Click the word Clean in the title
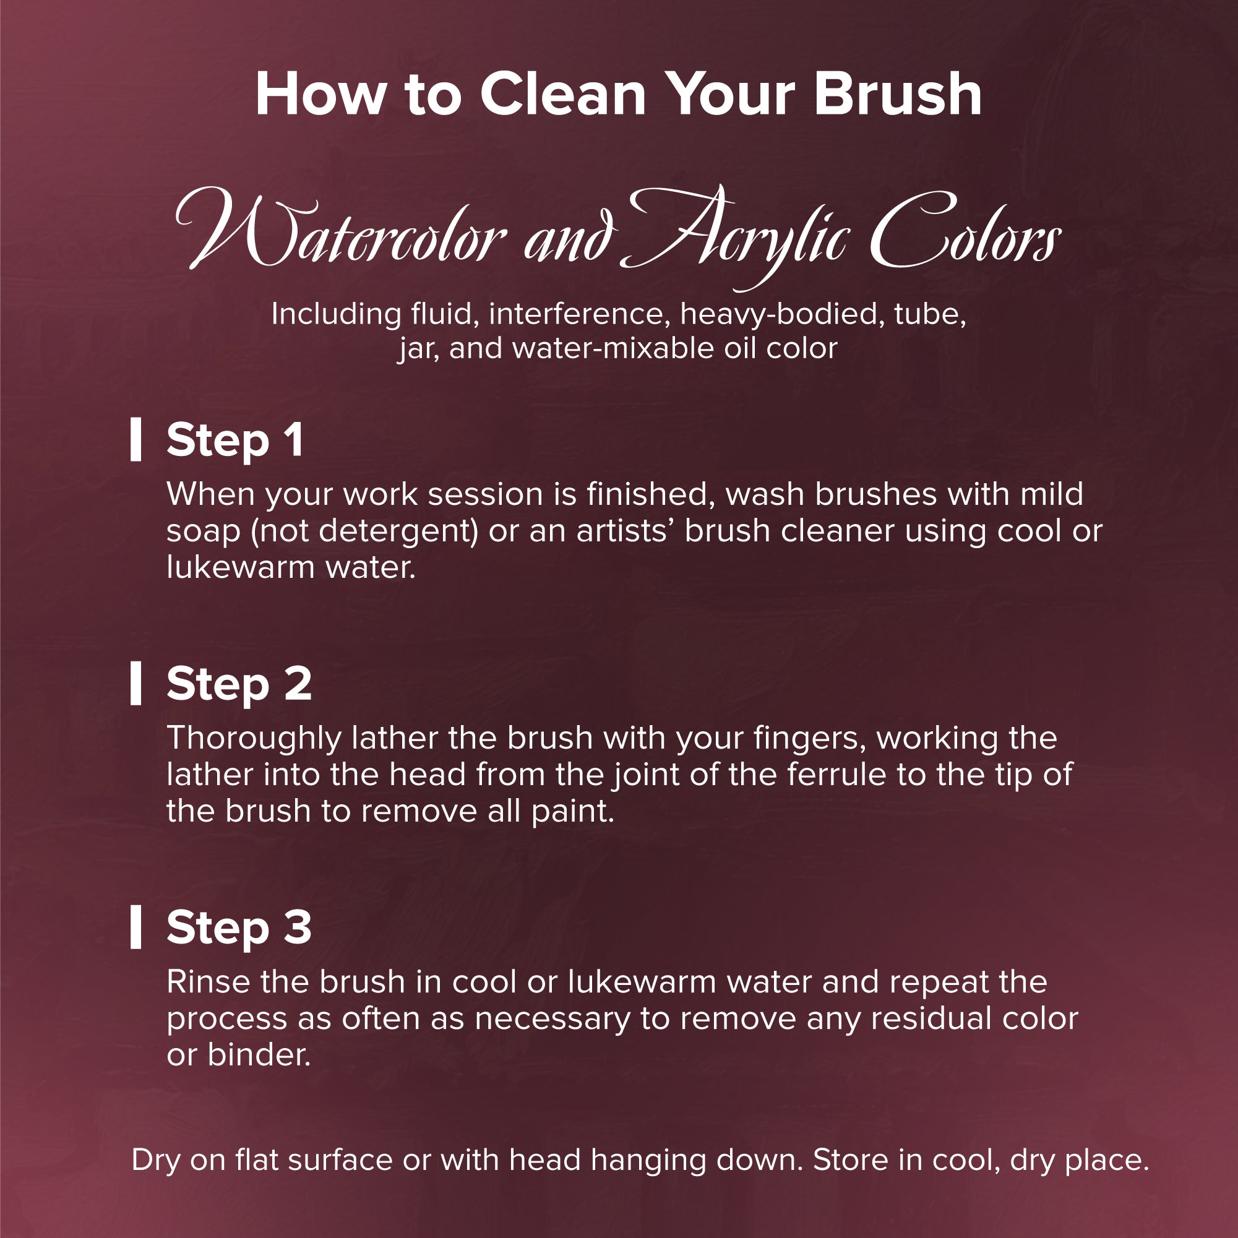(563, 94)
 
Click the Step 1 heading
(235, 442)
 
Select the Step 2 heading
(239, 685)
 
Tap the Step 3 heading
(239, 929)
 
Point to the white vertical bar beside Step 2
(136, 684)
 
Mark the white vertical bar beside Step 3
(136, 927)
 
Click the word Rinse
(208, 982)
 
